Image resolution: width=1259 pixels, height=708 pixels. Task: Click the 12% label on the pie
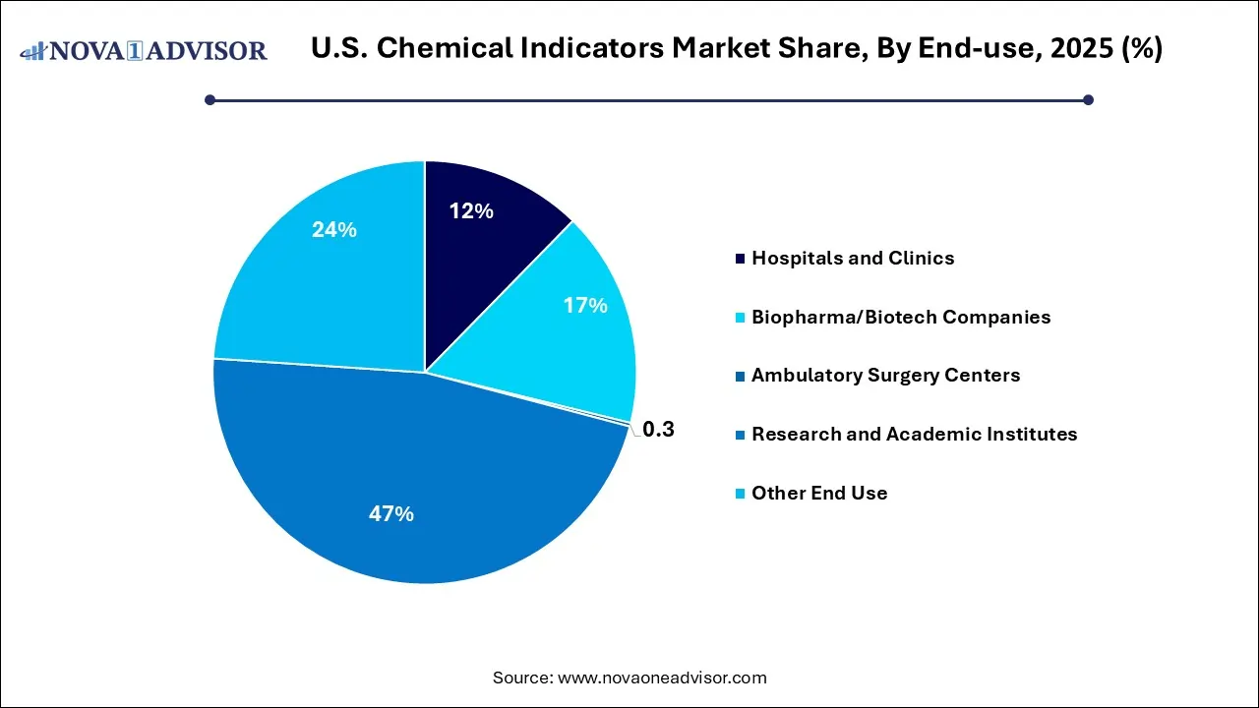(471, 210)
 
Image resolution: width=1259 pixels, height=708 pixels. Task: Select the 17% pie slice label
(585, 306)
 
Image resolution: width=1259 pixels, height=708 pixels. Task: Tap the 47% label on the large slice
(391, 513)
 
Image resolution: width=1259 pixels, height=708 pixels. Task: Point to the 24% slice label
(334, 230)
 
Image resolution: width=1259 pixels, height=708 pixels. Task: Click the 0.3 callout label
(658, 430)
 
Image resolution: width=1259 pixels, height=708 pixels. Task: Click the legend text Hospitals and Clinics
(852, 258)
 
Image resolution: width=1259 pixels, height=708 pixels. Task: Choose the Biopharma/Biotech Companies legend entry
(900, 317)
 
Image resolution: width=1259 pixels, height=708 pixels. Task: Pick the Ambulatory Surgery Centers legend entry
(885, 376)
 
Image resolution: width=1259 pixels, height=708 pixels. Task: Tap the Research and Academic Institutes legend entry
(914, 434)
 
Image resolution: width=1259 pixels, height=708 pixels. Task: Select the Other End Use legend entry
(818, 493)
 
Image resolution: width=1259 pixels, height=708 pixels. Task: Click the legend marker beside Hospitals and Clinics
(739, 259)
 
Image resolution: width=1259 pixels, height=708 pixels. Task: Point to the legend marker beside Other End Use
(739, 494)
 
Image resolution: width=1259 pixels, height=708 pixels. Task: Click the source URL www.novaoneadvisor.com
(662, 678)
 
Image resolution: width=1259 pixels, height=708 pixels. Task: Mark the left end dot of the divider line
(210, 99)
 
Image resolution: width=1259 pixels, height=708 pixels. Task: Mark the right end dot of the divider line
(1088, 99)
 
